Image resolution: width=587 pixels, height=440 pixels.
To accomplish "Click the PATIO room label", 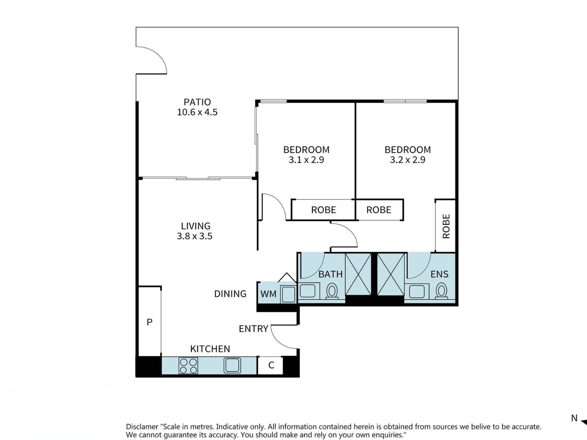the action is pyautogui.click(x=197, y=102).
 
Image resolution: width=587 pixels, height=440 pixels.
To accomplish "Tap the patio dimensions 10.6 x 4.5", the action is pyautogui.click(x=197, y=112).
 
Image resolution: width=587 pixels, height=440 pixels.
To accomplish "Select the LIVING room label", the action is pyautogui.click(x=196, y=226).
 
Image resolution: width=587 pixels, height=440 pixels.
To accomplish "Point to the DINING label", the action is pyautogui.click(x=230, y=294).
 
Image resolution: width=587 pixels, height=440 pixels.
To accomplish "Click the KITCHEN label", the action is pyautogui.click(x=210, y=349).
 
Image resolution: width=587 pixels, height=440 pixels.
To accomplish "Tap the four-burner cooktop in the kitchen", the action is pyautogui.click(x=188, y=366).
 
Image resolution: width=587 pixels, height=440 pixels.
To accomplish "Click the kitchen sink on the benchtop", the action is pyautogui.click(x=232, y=366).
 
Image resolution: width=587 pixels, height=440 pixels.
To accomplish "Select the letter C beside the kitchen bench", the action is pyautogui.click(x=271, y=365).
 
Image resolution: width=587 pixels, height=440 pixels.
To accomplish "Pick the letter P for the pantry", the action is pyautogui.click(x=150, y=322).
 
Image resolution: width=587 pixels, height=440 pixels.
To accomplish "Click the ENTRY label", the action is pyautogui.click(x=253, y=329).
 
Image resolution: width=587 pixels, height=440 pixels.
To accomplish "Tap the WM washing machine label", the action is pyautogui.click(x=268, y=294).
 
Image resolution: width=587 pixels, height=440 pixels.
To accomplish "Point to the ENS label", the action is pyautogui.click(x=440, y=274).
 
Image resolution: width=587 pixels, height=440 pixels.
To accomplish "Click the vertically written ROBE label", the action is pyautogui.click(x=446, y=226).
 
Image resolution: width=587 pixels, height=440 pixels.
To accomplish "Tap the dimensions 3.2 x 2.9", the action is pyautogui.click(x=408, y=160).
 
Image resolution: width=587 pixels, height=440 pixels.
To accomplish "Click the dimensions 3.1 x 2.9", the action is pyautogui.click(x=306, y=160).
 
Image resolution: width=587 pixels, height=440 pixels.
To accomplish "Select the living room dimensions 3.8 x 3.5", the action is pyautogui.click(x=195, y=236).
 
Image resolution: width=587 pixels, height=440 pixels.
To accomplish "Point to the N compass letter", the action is pyautogui.click(x=574, y=418).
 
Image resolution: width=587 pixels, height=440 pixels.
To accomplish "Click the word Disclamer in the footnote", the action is pyautogui.click(x=142, y=427).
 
